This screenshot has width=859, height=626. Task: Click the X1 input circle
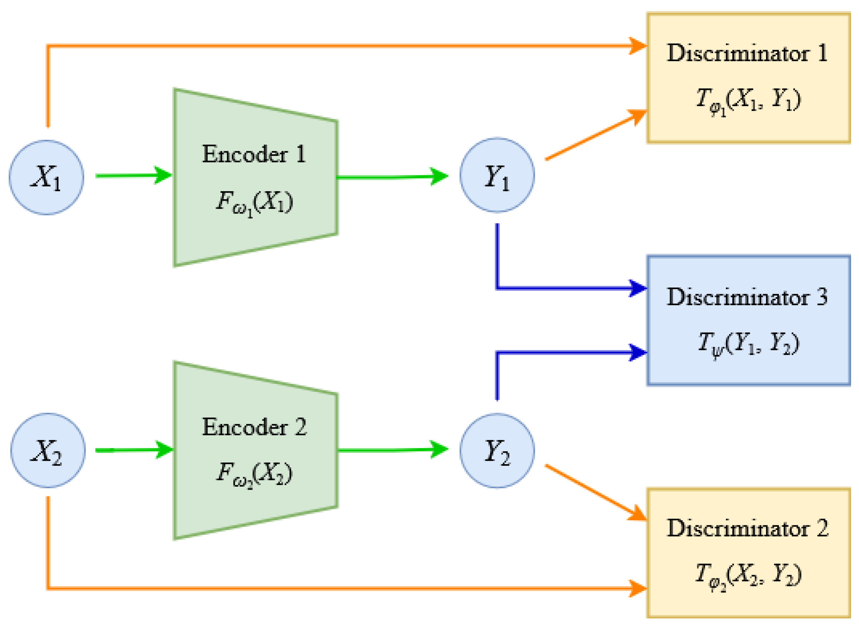pyautogui.click(x=47, y=178)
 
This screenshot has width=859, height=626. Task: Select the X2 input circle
pyautogui.click(x=48, y=451)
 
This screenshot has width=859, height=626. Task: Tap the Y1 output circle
pyautogui.click(x=497, y=175)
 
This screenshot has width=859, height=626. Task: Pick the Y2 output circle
pyautogui.click(x=497, y=451)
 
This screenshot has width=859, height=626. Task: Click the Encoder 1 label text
pyautogui.click(x=254, y=154)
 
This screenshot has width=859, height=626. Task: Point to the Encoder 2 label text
pyautogui.click(x=254, y=428)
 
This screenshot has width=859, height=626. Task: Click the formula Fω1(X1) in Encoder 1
pyautogui.click(x=254, y=202)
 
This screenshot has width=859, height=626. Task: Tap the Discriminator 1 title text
pyautogui.click(x=747, y=53)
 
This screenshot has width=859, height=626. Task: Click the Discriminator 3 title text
pyautogui.click(x=747, y=297)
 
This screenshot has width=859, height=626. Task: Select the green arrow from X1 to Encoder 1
pyautogui.click(x=133, y=175)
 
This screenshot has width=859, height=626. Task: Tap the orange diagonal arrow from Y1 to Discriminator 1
pyautogui.click(x=595, y=136)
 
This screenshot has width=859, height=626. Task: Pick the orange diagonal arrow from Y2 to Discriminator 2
pyautogui.click(x=595, y=493)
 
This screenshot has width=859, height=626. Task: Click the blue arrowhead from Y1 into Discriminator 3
pyautogui.click(x=637, y=288)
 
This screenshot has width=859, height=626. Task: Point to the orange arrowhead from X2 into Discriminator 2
pyautogui.click(x=637, y=588)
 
